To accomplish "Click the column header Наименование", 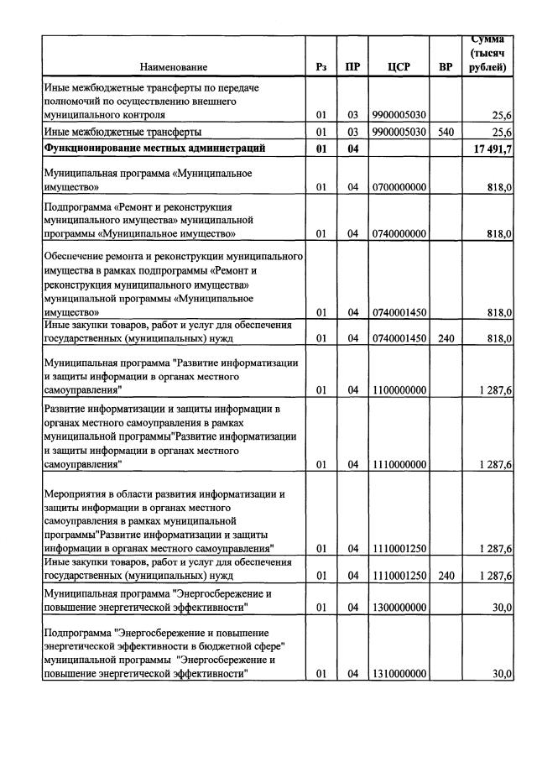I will tap(173, 66).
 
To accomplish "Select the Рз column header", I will tap(321, 66).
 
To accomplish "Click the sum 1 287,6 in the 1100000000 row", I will tap(495, 389).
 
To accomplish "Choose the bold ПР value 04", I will tap(352, 149).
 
